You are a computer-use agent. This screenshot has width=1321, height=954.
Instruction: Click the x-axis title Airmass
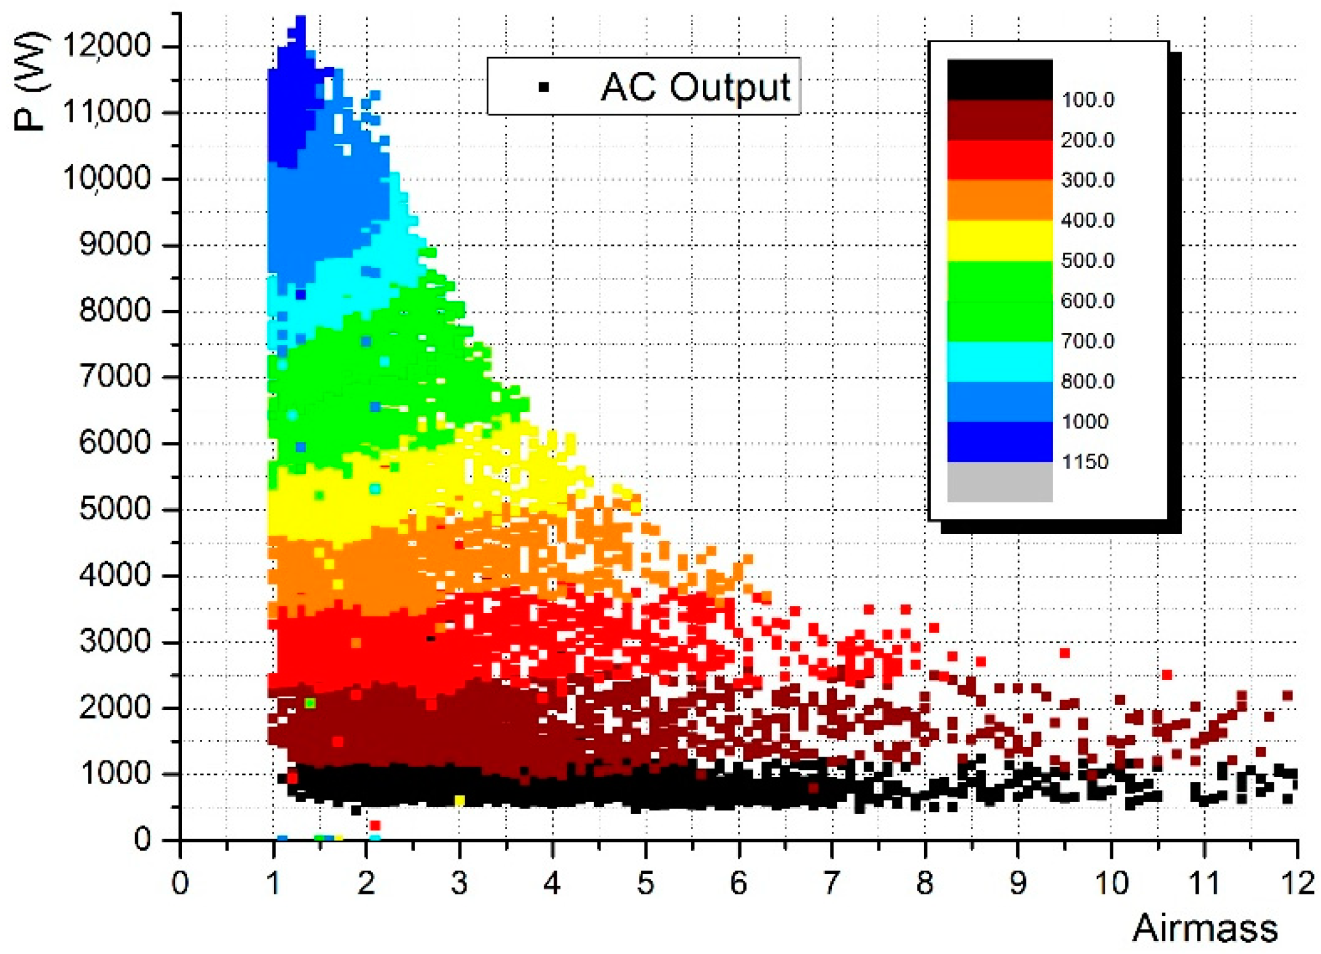click(1205, 928)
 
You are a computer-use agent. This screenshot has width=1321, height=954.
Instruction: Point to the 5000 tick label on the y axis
click(115, 509)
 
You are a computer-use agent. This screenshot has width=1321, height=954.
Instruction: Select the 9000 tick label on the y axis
click(115, 245)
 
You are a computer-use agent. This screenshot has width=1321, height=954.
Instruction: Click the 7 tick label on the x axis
click(831, 883)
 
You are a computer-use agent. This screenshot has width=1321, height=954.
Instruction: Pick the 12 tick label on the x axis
click(1296, 883)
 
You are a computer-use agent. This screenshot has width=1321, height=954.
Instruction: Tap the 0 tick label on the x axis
click(180, 883)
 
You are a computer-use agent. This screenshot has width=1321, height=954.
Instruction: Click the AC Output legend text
click(696, 87)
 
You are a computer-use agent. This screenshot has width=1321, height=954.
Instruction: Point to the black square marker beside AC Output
click(543, 87)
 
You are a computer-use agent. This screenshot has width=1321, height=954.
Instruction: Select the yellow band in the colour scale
click(1000, 240)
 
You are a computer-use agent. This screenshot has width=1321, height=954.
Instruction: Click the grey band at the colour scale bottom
click(1000, 482)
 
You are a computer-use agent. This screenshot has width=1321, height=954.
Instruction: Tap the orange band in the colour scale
click(1000, 200)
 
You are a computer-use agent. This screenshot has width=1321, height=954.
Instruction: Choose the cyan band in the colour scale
click(1000, 361)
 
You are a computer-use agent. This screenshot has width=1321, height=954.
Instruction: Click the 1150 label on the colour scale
click(1085, 462)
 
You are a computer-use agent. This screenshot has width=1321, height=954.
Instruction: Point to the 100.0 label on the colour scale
click(1088, 100)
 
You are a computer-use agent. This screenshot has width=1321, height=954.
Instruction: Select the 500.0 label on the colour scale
click(1088, 261)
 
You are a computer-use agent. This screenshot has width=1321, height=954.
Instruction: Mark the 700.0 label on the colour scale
click(1088, 341)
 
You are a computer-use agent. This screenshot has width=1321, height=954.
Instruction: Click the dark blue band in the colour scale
click(1000, 441)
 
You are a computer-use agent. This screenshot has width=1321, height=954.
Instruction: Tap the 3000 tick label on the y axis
click(115, 641)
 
